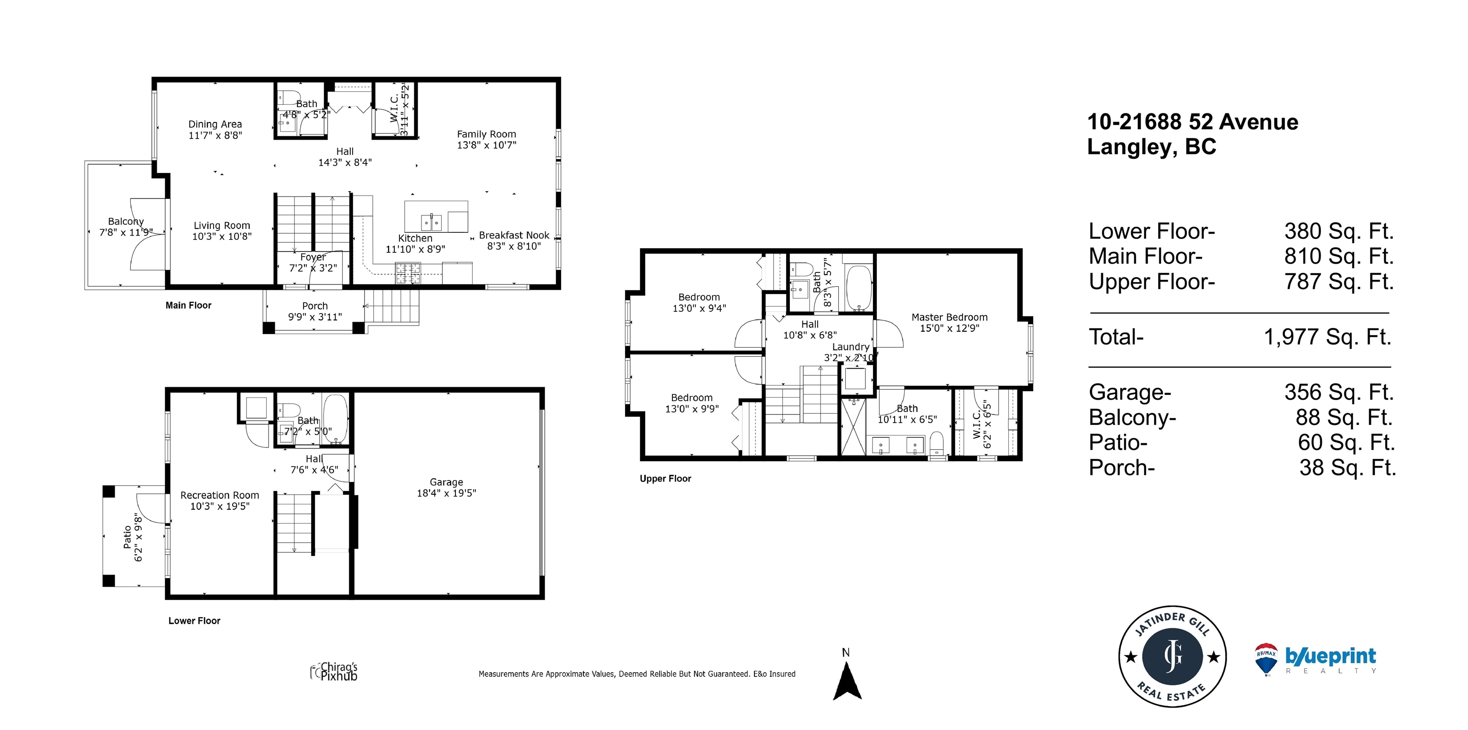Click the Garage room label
coord(446,482)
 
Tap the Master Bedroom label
coord(950,317)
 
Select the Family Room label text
coord(486,134)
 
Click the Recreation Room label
coord(219,495)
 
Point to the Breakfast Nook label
coord(514,235)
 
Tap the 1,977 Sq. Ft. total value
coord(1328,337)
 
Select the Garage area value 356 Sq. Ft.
coord(1338,392)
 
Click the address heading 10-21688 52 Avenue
coord(1193,122)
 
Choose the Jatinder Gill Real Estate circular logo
coord(1172,656)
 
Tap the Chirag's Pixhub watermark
coord(334,672)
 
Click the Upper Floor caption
coord(665,479)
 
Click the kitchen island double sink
coord(432,221)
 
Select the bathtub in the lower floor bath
coord(335,419)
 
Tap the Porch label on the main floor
coord(314,305)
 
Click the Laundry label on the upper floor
coord(851,347)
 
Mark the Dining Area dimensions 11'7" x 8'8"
coord(216,135)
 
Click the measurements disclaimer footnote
coord(637,674)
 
